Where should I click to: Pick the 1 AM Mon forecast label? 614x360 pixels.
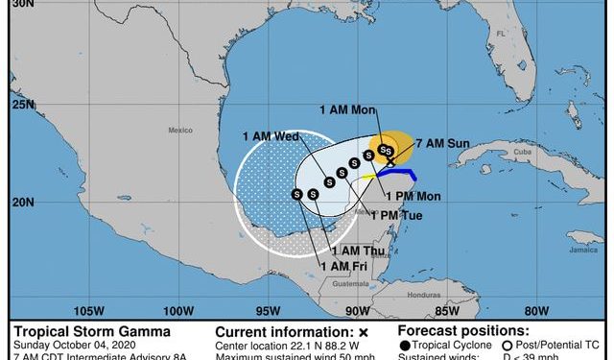[x=347, y=112]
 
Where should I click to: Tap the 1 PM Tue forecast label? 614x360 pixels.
[x=396, y=215]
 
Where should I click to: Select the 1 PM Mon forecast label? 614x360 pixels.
[x=413, y=197]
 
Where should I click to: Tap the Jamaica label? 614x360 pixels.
[x=579, y=249]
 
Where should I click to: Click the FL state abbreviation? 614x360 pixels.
[x=500, y=33]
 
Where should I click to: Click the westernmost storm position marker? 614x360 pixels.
[x=297, y=195]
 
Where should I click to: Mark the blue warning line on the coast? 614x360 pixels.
[x=397, y=173]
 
